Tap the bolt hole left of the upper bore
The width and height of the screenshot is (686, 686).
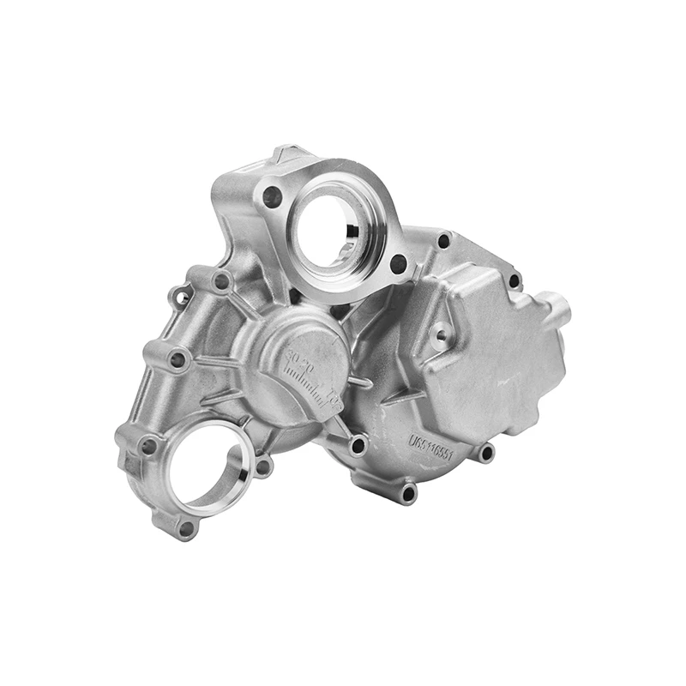(272, 196)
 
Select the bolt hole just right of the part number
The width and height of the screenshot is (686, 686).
(486, 452)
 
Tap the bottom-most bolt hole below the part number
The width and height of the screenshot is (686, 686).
(408, 493)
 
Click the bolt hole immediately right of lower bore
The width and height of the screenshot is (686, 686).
(263, 466)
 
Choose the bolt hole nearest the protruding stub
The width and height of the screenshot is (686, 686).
(514, 280)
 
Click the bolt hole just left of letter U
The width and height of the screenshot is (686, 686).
(358, 445)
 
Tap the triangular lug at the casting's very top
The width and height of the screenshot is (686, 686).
(286, 154)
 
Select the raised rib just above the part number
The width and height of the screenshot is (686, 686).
(429, 403)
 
